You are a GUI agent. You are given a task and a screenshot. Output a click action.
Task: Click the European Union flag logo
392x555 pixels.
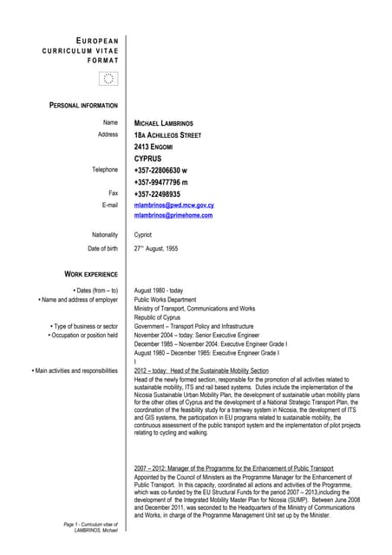click(x=109, y=79)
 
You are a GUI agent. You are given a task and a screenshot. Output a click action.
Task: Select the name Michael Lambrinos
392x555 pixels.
click(x=169, y=123)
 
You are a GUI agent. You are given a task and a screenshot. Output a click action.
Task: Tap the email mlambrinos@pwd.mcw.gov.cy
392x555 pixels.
click(x=174, y=205)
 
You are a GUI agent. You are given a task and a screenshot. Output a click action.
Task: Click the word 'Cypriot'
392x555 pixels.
click(x=143, y=235)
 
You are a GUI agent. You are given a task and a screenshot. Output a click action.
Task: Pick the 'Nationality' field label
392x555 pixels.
click(x=104, y=235)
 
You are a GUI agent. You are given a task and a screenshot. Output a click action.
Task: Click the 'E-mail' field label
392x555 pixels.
click(x=109, y=205)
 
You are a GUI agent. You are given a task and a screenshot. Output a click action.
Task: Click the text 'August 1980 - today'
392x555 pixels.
click(x=159, y=291)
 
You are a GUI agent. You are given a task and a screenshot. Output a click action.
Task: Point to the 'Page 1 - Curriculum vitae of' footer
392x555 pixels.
click(x=90, y=525)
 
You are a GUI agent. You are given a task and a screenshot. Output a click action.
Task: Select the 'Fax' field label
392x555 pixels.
click(x=112, y=193)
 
